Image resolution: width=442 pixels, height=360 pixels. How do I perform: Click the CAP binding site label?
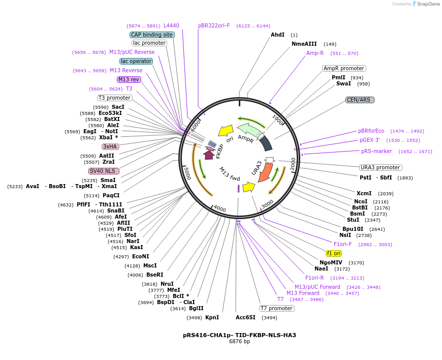point(152,35)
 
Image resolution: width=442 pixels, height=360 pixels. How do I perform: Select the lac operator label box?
point(136,61)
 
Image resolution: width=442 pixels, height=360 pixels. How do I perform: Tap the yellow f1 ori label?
point(334,253)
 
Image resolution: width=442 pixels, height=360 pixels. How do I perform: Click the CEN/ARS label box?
point(360,100)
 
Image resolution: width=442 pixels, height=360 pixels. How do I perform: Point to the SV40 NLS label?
point(103,171)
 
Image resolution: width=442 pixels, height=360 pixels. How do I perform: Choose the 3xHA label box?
point(110,146)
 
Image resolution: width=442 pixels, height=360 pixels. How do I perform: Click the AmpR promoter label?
point(344,68)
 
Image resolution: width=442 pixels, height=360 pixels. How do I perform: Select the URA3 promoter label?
point(381,167)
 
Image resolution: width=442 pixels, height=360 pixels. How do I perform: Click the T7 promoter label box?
point(276,308)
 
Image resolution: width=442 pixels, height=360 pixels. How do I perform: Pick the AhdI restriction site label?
point(277,35)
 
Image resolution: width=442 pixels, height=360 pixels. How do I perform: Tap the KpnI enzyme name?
point(212,317)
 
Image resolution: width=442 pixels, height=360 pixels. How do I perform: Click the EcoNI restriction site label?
point(140,256)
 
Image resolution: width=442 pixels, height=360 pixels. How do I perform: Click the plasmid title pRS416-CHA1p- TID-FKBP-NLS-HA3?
point(239,335)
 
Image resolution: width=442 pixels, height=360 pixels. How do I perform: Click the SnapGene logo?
point(424,4)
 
